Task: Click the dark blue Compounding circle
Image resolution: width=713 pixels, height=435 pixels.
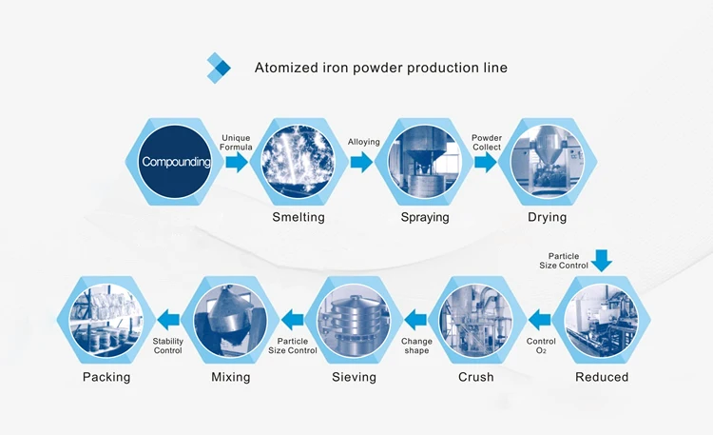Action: coord(175,162)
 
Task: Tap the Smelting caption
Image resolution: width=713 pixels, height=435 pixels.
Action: coord(299,217)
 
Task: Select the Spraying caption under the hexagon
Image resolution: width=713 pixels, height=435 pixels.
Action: coord(425,217)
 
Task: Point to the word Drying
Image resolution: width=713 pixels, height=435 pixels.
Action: coord(547,217)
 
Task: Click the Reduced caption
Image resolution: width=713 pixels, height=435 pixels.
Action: coord(602,377)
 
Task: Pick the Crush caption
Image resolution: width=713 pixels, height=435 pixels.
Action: coord(475,377)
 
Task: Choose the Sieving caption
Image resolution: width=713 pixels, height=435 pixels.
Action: coord(354,377)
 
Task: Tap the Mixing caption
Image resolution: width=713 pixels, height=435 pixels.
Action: coord(231,377)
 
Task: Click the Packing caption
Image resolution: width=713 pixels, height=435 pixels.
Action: coord(106,377)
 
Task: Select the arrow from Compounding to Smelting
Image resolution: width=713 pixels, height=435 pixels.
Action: coord(237,162)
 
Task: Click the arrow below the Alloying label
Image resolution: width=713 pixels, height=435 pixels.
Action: coord(361,162)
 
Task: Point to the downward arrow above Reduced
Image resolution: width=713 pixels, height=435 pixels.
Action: coord(602,261)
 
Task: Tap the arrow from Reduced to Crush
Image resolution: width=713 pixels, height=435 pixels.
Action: coord(540,320)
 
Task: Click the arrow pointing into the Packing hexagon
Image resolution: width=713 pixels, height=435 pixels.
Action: coord(167,320)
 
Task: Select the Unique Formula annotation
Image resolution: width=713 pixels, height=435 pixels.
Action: coord(236,142)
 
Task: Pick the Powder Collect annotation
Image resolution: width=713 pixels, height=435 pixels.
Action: coord(487,142)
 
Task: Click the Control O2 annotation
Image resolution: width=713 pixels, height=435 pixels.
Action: coord(541,346)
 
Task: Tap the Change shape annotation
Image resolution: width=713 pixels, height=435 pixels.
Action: coord(416,346)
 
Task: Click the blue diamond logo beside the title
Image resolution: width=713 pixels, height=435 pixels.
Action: coord(219,68)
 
